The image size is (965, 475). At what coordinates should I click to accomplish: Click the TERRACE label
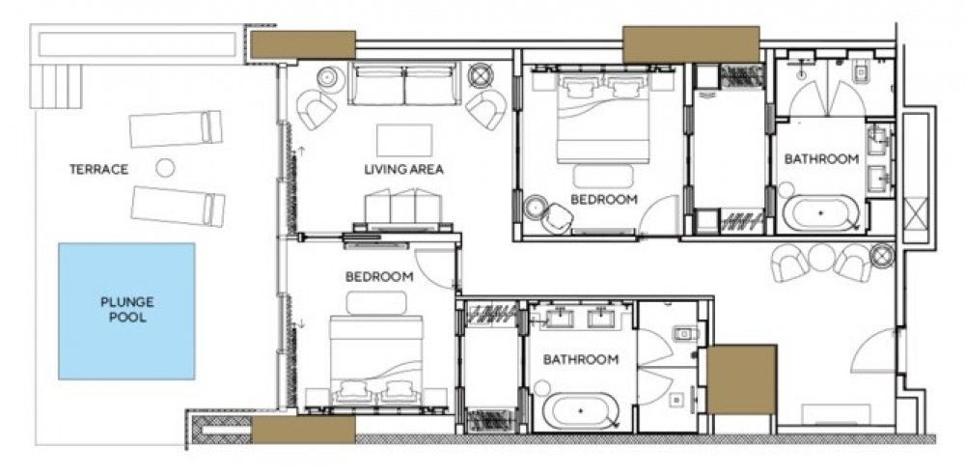click(98, 169)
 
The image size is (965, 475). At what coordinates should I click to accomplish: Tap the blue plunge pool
click(126, 311)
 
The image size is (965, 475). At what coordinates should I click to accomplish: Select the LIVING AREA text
click(403, 169)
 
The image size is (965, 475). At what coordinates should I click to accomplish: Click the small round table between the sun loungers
click(165, 168)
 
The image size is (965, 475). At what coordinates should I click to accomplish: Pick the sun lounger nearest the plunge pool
click(178, 207)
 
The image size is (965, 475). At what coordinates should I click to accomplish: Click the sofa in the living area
click(404, 83)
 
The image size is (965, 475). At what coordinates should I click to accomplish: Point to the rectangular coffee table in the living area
click(404, 140)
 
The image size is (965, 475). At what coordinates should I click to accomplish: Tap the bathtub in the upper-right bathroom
click(821, 212)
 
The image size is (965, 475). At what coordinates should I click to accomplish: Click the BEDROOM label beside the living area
click(603, 200)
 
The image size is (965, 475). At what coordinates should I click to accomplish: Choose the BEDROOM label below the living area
click(379, 277)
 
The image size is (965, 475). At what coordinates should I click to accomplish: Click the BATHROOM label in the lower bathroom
click(580, 360)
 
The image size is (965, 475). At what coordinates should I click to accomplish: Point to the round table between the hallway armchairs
click(821, 258)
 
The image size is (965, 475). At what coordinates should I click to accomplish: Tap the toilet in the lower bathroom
click(683, 333)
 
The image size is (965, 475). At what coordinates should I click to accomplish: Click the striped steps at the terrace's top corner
click(56, 86)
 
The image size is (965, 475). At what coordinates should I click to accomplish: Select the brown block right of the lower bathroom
click(741, 379)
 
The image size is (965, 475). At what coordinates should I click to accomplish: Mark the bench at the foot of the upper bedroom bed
click(603, 176)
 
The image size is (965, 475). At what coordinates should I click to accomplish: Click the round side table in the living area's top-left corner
click(330, 79)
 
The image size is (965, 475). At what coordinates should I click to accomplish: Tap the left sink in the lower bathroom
click(560, 318)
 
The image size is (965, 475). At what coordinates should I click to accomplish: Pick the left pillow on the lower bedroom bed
click(352, 389)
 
